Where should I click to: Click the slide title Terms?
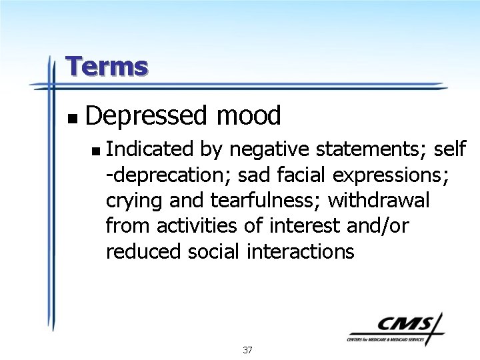pyautogui.click(x=107, y=67)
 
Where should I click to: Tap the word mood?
pyautogui.click(x=248, y=116)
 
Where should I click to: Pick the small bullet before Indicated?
pyautogui.click(x=97, y=151)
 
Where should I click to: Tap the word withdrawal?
pyautogui.click(x=379, y=200)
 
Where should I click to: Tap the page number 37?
pyautogui.click(x=247, y=350)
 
